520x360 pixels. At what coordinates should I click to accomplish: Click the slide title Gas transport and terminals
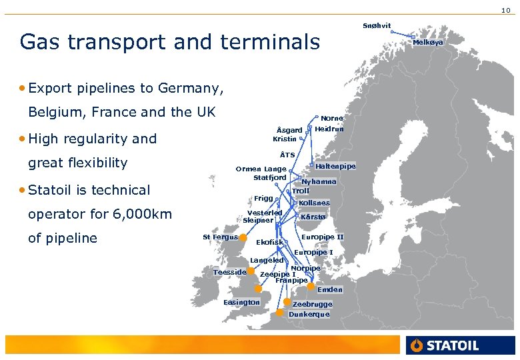[170, 42]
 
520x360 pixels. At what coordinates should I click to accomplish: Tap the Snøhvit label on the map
[377, 25]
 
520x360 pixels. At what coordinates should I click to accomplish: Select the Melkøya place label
[428, 42]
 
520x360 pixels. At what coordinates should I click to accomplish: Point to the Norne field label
[332, 119]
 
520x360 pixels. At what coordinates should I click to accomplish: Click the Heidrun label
[329, 129]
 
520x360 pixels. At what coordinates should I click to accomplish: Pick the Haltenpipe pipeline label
[335, 166]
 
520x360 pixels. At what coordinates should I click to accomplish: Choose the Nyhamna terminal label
[319, 181]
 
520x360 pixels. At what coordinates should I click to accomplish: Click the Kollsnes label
[314, 203]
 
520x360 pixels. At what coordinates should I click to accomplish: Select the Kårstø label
[313, 217]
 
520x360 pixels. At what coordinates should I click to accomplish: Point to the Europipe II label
[323, 237]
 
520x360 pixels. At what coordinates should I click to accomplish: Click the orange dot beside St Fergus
[243, 237]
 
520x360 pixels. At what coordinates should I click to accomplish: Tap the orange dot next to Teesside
[251, 271]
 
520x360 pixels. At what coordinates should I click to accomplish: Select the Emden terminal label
[330, 289]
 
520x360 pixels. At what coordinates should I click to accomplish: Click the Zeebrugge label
[312, 304]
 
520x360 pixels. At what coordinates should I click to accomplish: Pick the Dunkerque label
[309, 314]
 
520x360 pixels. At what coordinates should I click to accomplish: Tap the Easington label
[242, 302]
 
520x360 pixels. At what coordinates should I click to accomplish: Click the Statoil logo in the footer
[445, 345]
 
